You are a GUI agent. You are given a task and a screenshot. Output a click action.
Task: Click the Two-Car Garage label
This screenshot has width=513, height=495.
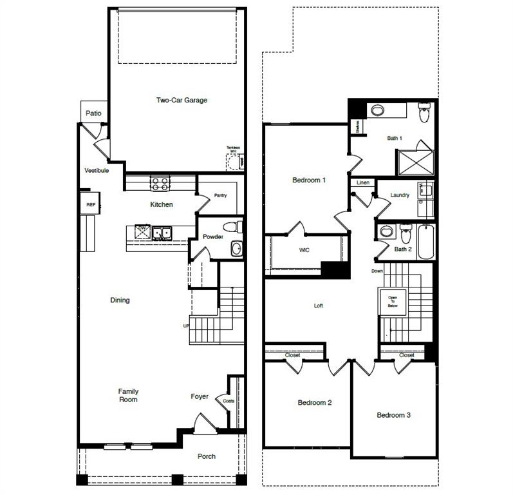coord(182,100)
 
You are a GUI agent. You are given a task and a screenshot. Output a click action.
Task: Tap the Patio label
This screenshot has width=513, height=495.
coord(94,113)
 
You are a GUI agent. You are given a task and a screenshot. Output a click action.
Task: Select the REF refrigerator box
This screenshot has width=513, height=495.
coord(90,204)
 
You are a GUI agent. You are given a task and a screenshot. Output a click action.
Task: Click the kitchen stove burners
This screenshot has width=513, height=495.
coord(160,183)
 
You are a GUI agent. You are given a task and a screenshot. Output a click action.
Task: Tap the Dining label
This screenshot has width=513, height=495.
coord(120,300)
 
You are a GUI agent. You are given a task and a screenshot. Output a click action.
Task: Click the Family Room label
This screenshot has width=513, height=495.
coord(128,395)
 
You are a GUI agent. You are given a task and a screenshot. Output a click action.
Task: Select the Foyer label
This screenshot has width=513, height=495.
coord(200,396)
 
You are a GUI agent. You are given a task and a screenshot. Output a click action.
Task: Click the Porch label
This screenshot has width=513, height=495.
coord(207,456)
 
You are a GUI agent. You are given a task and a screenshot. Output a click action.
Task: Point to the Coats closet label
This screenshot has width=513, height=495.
coord(229,401)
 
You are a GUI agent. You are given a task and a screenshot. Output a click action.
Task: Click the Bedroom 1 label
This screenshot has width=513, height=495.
coord(309,180)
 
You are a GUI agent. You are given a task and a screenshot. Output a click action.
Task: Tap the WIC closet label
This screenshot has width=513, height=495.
coord(304,250)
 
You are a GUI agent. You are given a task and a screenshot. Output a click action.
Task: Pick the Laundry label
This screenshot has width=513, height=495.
coord(400,195)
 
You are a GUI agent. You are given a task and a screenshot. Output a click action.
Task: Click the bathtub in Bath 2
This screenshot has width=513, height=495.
coord(426,241)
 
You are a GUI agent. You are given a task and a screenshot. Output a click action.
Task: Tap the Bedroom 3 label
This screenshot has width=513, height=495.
coord(393,415)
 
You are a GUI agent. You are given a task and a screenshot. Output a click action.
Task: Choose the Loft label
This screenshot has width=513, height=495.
coord(318,306)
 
